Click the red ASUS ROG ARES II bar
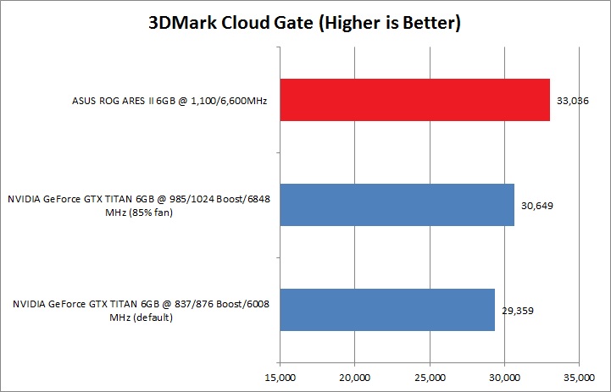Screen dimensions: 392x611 tap(415, 101)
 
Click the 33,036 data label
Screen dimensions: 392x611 tap(572, 101)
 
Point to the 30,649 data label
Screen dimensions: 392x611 tap(536, 205)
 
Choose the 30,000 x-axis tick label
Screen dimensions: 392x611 tap(505, 377)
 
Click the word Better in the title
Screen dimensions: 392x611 tap(429, 22)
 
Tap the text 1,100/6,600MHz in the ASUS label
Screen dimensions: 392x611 tap(224, 101)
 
